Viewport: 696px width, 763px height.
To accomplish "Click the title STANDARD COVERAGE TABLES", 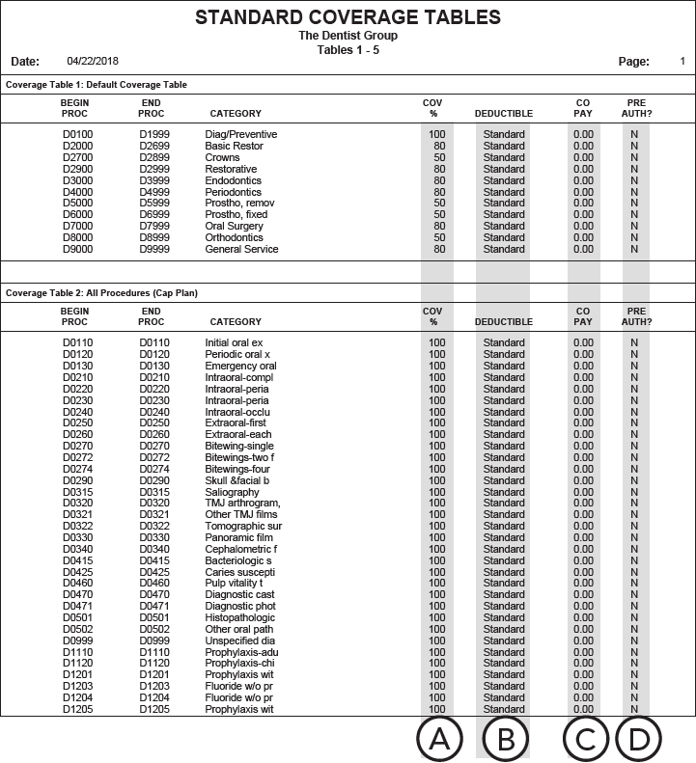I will [x=348, y=17].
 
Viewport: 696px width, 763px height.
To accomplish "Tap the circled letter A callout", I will [x=439, y=740].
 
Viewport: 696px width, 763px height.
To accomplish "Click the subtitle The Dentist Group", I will [x=348, y=36].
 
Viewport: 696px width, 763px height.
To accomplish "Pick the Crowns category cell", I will [x=222, y=157].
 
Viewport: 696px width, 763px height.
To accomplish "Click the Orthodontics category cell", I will [x=234, y=237].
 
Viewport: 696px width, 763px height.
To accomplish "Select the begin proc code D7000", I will [x=77, y=226].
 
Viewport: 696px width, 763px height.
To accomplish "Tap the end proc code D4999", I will [x=153, y=192].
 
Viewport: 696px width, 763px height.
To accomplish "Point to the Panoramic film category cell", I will [x=238, y=537].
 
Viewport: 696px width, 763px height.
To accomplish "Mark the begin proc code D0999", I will [x=77, y=640].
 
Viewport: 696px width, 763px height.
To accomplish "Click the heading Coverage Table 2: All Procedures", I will [x=101, y=293].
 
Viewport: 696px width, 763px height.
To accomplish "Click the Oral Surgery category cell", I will [x=235, y=226].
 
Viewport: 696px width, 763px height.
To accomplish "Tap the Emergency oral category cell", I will [x=240, y=366].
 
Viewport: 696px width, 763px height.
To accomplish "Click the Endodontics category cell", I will [x=233, y=180].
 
